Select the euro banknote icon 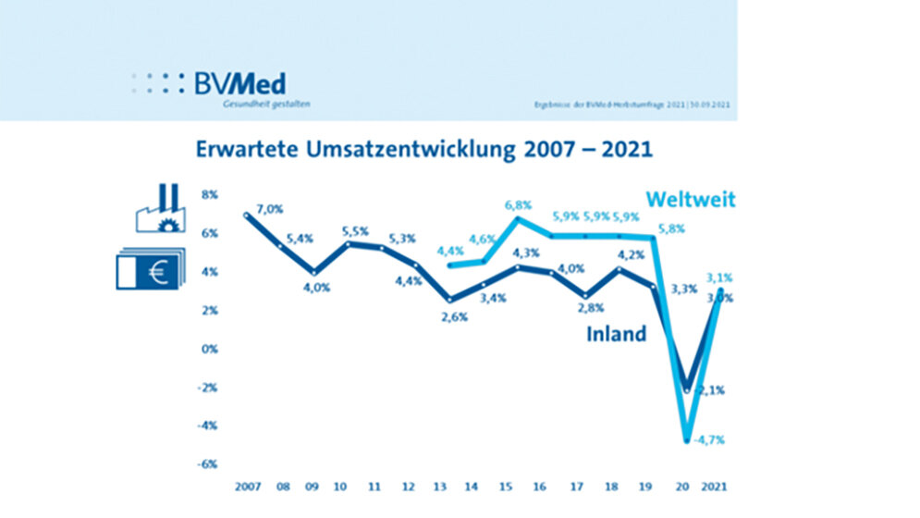pyautogui.click(x=149, y=270)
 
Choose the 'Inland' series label pyautogui.click(x=616, y=334)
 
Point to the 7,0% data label pyautogui.click(x=271, y=210)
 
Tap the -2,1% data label pyautogui.click(x=712, y=390)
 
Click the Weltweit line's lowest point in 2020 pyautogui.click(x=687, y=440)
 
